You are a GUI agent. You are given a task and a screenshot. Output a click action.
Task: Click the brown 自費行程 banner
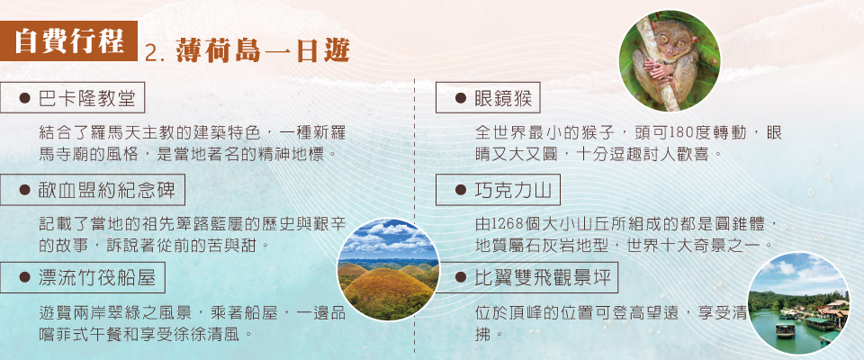68,40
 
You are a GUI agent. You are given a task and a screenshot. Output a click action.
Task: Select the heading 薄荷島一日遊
263,52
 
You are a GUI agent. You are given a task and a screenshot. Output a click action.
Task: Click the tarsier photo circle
669,60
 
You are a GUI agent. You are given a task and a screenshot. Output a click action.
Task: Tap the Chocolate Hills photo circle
389,270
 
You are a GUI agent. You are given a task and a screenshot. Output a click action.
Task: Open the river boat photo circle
799,303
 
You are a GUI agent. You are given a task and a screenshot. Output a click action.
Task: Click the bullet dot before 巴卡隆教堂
24,99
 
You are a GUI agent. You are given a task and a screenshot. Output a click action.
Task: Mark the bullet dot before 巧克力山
460,190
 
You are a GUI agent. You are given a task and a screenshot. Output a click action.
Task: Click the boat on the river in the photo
785,329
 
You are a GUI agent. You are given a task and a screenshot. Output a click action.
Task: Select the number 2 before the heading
151,53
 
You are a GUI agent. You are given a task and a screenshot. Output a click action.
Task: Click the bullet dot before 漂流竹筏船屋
24,277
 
